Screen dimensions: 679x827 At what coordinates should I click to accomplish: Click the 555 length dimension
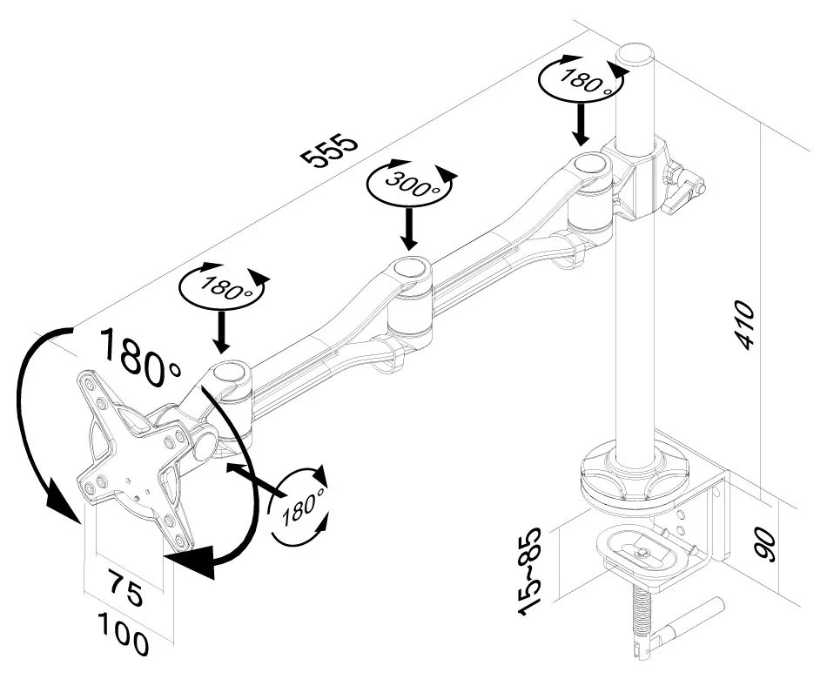pos(328,149)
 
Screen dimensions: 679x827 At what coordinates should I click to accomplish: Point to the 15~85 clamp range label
pos(530,571)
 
